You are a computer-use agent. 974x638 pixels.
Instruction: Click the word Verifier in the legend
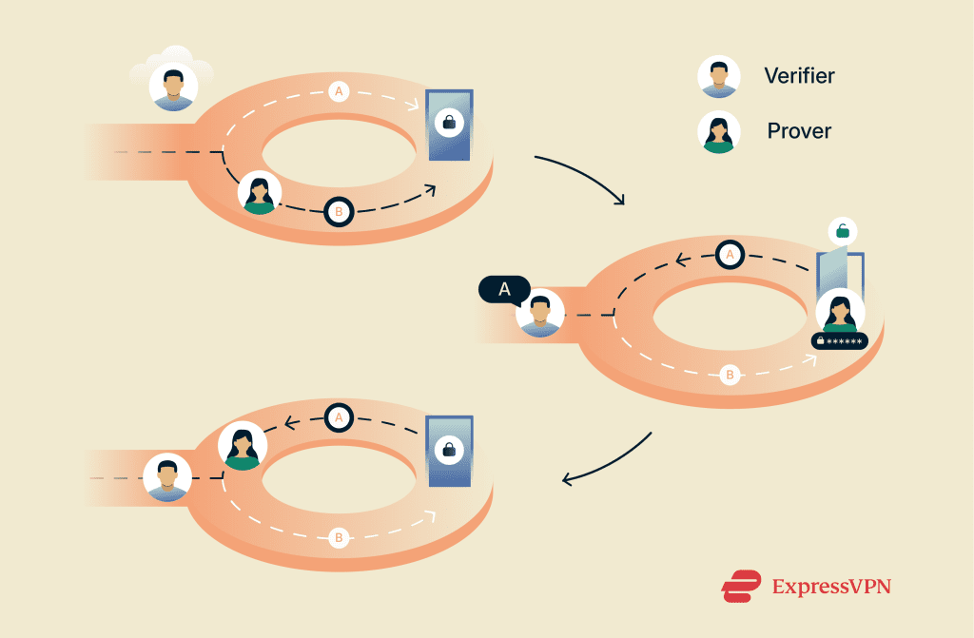pyautogui.click(x=799, y=76)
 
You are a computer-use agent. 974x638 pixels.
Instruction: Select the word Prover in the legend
pyautogui.click(x=799, y=131)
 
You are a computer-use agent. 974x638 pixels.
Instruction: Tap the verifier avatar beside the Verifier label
pyautogui.click(x=719, y=76)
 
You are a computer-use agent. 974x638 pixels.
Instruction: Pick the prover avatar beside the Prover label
pyautogui.click(x=719, y=132)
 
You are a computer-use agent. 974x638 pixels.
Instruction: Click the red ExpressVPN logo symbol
pyautogui.click(x=741, y=586)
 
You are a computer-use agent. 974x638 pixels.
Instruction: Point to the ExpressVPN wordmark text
pyautogui.click(x=831, y=587)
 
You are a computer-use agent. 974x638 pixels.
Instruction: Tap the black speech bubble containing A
pyautogui.click(x=504, y=290)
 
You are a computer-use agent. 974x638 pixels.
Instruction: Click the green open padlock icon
pyautogui.click(x=843, y=232)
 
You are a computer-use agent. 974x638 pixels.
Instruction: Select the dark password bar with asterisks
pyautogui.click(x=840, y=341)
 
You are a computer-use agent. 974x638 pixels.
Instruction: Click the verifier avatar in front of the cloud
pyautogui.click(x=173, y=87)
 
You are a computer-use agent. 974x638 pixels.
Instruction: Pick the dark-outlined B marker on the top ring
pyautogui.click(x=340, y=212)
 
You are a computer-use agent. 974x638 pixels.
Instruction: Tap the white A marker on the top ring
pyautogui.click(x=339, y=92)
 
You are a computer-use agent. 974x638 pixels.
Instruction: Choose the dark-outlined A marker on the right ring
pyautogui.click(x=730, y=254)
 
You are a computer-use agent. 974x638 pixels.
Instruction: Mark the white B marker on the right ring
pyautogui.click(x=730, y=375)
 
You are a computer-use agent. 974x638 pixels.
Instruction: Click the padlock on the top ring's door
pyautogui.click(x=449, y=122)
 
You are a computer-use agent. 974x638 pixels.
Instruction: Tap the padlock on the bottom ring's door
pyautogui.click(x=449, y=449)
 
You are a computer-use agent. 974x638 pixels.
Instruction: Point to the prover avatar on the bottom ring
pyautogui.click(x=243, y=446)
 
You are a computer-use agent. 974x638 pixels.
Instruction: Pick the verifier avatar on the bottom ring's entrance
pyautogui.click(x=167, y=477)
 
